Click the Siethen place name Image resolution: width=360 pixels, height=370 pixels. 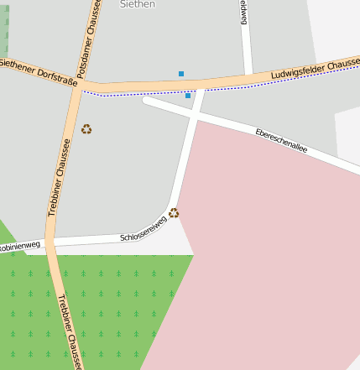(138, 4)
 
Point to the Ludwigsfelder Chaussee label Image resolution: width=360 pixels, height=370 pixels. (316, 70)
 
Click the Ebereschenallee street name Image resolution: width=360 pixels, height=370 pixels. (281, 139)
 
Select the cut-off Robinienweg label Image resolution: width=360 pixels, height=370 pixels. (18, 247)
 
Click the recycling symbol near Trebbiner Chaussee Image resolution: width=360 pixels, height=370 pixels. (86, 129)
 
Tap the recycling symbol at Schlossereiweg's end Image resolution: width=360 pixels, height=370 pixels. (174, 213)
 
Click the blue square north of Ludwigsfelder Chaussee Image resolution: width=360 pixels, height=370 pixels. (181, 74)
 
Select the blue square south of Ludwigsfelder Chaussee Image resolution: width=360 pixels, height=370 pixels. (188, 96)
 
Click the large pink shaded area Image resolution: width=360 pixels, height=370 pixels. (269, 252)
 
